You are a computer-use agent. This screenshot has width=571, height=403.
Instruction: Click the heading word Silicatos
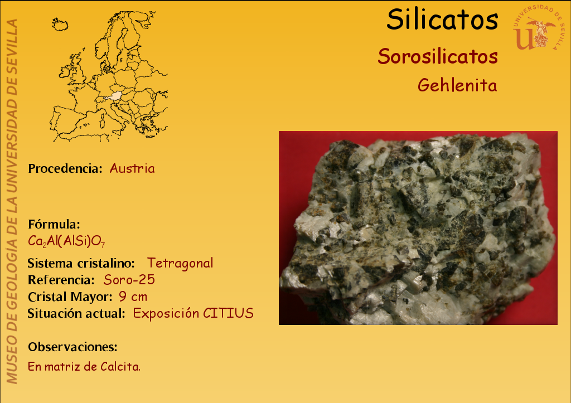442,20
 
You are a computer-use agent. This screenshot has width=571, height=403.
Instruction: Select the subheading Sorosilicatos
438,56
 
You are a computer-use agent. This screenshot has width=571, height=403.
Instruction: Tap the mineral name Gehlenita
457,85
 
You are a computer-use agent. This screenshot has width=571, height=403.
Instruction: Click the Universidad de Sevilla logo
539,27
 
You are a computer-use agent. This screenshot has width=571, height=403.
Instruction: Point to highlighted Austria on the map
115,96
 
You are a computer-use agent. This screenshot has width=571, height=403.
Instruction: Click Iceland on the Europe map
60,25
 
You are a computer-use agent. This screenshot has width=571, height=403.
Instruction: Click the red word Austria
132,168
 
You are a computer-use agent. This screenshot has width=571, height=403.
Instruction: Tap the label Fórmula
54,224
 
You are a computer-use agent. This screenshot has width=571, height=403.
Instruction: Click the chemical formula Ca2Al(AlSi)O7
66,241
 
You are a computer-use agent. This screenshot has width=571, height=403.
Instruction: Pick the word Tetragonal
180,263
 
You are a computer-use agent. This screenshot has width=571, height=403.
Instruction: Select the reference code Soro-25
129,280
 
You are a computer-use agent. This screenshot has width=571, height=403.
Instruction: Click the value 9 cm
133,297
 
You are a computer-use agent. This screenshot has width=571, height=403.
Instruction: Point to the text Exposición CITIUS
193,313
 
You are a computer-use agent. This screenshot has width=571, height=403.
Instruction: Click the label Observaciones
73,347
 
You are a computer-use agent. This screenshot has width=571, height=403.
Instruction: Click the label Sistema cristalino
81,263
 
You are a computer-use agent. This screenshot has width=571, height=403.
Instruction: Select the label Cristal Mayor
70,297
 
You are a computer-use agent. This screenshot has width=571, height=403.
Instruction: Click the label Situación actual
76,313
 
